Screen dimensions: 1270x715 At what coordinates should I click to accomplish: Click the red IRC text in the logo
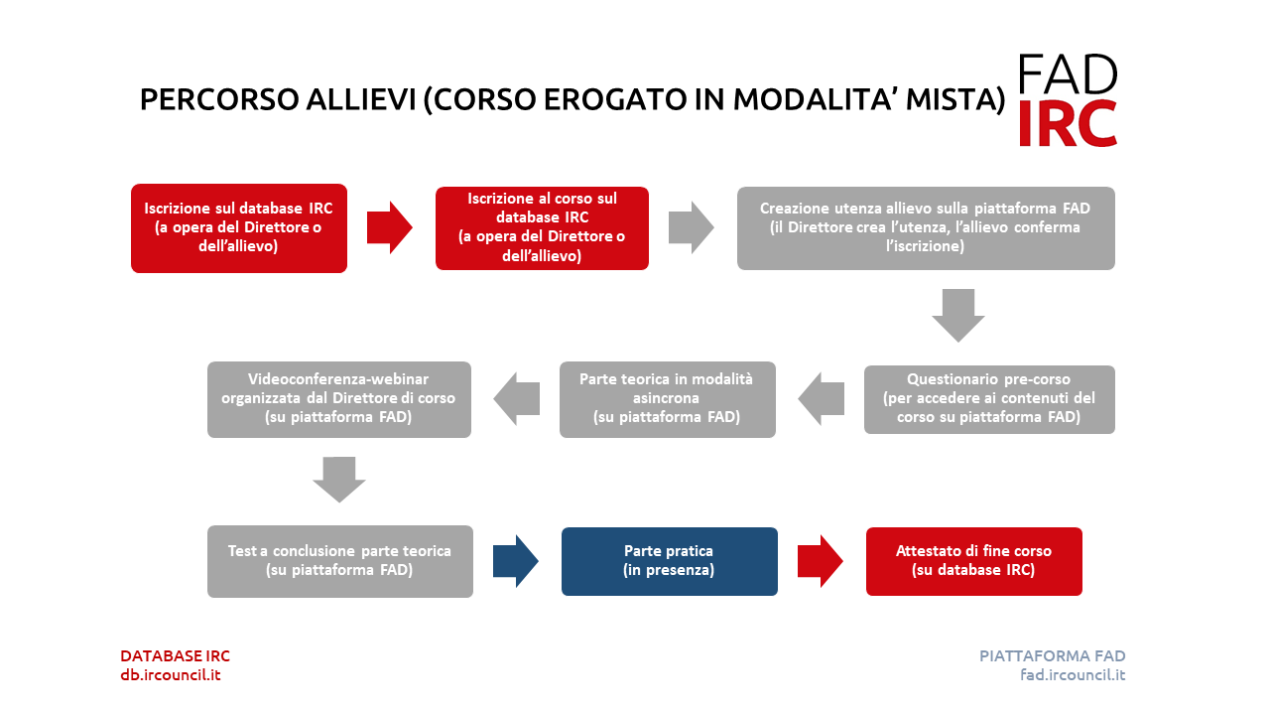pyautogui.click(x=1068, y=124)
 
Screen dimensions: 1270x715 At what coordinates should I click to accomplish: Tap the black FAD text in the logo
pyautogui.click(x=1068, y=74)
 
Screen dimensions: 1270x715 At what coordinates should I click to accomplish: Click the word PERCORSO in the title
pyautogui.click(x=219, y=99)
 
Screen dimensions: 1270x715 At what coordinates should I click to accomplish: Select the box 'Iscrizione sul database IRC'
pyautogui.click(x=239, y=228)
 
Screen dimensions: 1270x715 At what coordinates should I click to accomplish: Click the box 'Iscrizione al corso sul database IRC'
pyautogui.click(x=542, y=228)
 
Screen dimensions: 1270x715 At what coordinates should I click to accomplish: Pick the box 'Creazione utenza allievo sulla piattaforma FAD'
pyautogui.click(x=926, y=228)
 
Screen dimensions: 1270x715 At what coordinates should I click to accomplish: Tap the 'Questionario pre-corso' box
pyautogui.click(x=989, y=399)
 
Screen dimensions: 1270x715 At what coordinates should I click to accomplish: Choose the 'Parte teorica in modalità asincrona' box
pyautogui.click(x=668, y=399)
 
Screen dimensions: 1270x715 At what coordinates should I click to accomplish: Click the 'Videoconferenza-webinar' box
pyautogui.click(x=339, y=399)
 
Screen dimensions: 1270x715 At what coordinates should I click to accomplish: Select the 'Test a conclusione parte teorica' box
pyautogui.click(x=340, y=561)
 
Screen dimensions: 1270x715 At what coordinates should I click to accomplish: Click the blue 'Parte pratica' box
pyautogui.click(x=670, y=561)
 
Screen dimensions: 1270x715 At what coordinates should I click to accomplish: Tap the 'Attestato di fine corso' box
pyautogui.click(x=974, y=561)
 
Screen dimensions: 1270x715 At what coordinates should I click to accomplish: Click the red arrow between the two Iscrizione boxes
pyautogui.click(x=390, y=227)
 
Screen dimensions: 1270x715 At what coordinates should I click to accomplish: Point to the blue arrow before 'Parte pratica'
pyautogui.click(x=515, y=561)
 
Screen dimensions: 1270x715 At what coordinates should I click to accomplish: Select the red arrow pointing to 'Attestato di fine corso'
pyautogui.click(x=820, y=561)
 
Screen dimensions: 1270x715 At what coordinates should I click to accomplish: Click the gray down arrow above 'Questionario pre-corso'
pyautogui.click(x=958, y=316)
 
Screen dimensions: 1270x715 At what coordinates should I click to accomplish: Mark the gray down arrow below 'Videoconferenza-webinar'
pyautogui.click(x=339, y=480)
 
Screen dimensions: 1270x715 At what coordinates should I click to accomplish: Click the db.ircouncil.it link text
pyautogui.click(x=170, y=675)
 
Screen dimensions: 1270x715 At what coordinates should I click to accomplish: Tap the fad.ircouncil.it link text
pyautogui.click(x=1073, y=675)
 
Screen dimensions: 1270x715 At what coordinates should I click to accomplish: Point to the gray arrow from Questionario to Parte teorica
pyautogui.click(x=821, y=399)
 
